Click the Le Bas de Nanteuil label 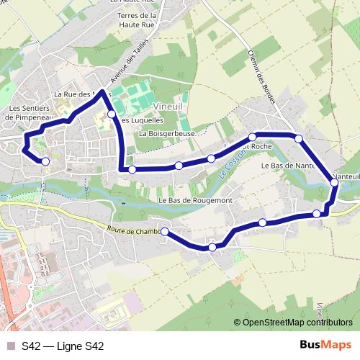tap(288, 166)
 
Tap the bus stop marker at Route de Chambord tap(165, 231)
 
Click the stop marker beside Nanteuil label tap(335, 183)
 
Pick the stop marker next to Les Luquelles tap(112, 114)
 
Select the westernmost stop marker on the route tap(45, 161)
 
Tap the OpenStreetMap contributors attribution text tap(297, 322)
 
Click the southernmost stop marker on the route tap(212, 248)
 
